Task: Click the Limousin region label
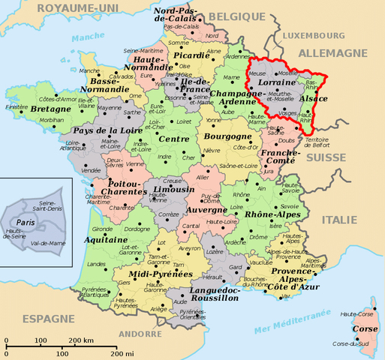tap(163, 190)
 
